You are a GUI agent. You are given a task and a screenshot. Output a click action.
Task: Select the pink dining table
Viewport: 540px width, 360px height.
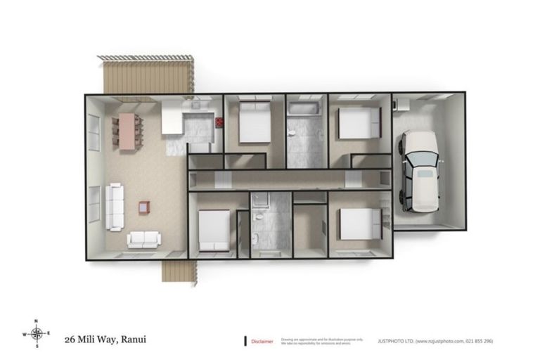[127, 131]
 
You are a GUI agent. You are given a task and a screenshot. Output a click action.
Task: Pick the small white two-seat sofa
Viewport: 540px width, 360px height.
[144, 240]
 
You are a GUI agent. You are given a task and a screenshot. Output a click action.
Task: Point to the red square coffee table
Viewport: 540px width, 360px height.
[144, 207]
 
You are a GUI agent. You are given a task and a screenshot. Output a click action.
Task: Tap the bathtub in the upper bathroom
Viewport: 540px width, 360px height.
[304, 109]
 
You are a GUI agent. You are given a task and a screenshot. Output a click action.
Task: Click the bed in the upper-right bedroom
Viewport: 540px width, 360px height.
[357, 122]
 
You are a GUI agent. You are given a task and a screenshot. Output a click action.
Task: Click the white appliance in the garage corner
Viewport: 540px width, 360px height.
[399, 104]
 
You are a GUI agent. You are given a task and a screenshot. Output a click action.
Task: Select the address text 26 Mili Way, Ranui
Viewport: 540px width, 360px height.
[106, 339]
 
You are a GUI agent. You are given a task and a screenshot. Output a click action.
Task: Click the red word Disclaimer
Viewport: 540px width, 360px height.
[262, 341]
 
